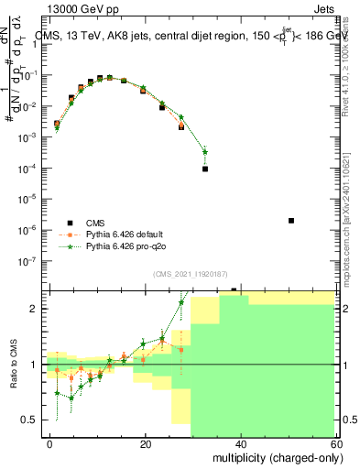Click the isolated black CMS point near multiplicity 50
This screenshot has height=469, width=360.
tap(291, 221)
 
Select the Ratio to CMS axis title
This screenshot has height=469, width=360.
tap(12, 364)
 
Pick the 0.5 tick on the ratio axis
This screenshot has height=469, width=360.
tap(35, 420)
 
